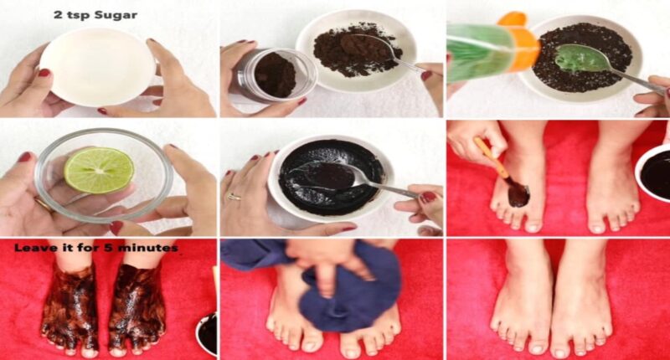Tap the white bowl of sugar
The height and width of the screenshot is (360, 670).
[97, 67]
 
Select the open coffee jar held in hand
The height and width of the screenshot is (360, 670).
[276, 76]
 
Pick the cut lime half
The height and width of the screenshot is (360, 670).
[99, 170]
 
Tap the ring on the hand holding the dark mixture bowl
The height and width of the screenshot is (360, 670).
[234, 197]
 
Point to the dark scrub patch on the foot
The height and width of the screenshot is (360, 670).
[518, 195]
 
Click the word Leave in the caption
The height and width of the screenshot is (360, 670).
[30, 248]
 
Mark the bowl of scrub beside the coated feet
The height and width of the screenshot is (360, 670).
[207, 334]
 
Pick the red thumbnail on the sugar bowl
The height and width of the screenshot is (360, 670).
[44, 73]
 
